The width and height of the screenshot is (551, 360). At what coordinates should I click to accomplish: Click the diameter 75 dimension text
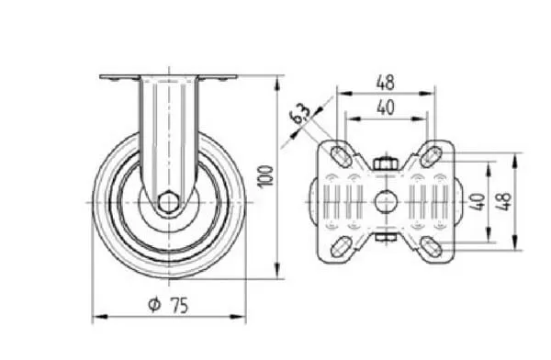pyautogui.click(x=169, y=305)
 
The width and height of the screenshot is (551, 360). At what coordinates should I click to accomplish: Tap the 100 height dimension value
pyautogui.click(x=266, y=177)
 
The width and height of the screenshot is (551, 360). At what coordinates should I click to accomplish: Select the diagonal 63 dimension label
pyautogui.click(x=300, y=114)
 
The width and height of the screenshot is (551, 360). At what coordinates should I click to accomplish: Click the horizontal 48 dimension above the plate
pyautogui.click(x=386, y=83)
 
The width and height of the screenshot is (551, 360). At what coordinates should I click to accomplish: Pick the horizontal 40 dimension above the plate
pyautogui.click(x=386, y=107)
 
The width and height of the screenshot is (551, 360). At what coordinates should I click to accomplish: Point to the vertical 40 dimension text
pyautogui.click(x=478, y=202)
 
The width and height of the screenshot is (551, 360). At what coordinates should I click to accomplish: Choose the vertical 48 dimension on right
pyautogui.click(x=503, y=201)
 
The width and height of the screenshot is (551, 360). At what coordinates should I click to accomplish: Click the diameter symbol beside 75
pyautogui.click(x=154, y=305)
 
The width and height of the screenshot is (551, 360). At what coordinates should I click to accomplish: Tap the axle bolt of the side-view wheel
pyautogui.click(x=168, y=202)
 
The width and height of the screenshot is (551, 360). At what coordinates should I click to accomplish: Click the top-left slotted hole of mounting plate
pyautogui.click(x=341, y=156)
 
